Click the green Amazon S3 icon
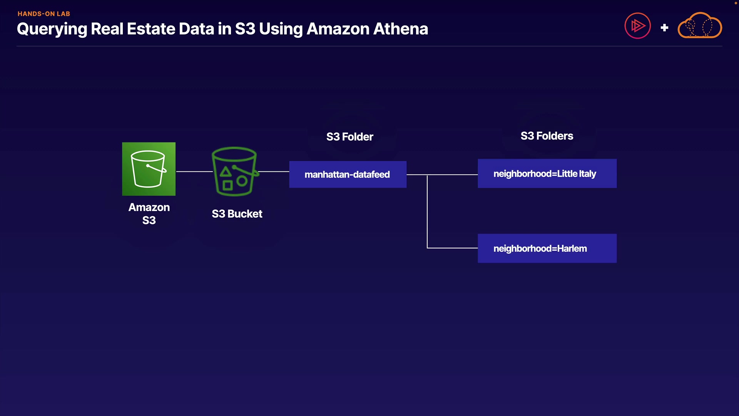(x=149, y=169)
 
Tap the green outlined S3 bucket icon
(x=234, y=171)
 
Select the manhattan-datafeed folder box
(x=348, y=174)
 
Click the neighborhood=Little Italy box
(x=547, y=174)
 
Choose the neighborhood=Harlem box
(x=547, y=248)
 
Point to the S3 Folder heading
(x=349, y=137)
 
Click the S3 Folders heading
(x=547, y=136)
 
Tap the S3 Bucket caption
(x=237, y=214)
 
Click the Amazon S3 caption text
(x=149, y=214)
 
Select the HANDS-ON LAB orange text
(x=44, y=14)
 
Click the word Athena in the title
(x=401, y=29)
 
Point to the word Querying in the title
(x=52, y=29)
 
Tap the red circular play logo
(x=637, y=26)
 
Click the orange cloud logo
(x=700, y=26)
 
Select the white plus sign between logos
(x=664, y=28)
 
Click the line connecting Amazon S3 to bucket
(x=194, y=171)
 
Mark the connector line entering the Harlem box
(x=453, y=248)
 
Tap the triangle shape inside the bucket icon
(x=226, y=171)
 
